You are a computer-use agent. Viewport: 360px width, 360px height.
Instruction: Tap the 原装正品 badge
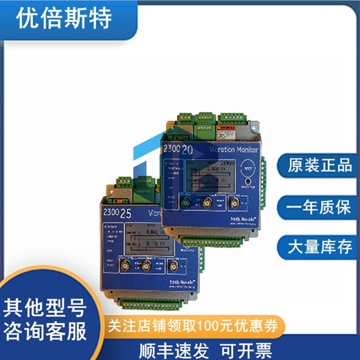(x=320, y=166)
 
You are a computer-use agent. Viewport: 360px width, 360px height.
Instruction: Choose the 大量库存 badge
(x=320, y=248)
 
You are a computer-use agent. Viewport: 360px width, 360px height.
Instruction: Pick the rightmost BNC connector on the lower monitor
(x=173, y=265)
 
